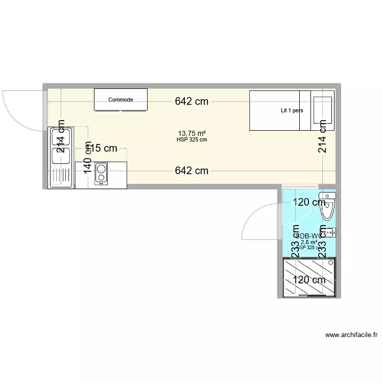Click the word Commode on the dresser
coord(121,100)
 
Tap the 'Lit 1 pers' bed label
coord(291,110)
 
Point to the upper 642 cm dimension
coord(192,101)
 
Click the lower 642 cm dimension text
coord(192,171)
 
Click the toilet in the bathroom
coord(327,207)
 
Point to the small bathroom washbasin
coord(331,232)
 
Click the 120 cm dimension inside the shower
coord(309,280)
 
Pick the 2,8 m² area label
coord(309,242)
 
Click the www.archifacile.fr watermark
coord(351,335)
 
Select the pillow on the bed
coord(322,110)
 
